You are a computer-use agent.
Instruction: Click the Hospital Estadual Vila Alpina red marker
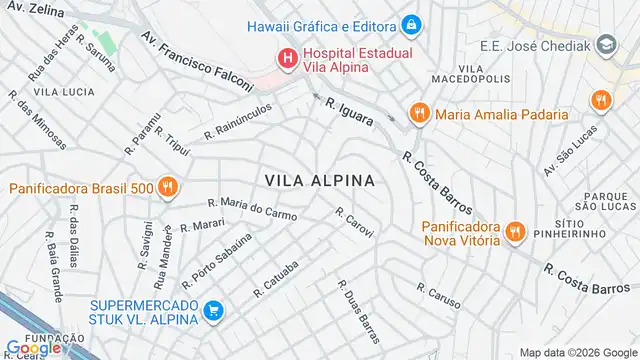(x=288, y=58)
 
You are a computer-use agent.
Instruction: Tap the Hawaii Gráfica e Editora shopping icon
(x=410, y=24)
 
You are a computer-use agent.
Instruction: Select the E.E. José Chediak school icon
(x=606, y=44)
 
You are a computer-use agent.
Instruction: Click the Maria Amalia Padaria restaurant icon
(x=418, y=114)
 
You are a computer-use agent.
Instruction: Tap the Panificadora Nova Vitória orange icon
(x=515, y=231)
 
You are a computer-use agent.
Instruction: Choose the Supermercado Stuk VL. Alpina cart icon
(x=212, y=311)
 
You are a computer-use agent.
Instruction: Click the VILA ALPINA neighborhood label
(x=320, y=180)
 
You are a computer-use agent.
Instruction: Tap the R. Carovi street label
(x=355, y=222)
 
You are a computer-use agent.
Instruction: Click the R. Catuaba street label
(x=276, y=279)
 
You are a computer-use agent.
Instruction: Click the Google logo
(x=33, y=348)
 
